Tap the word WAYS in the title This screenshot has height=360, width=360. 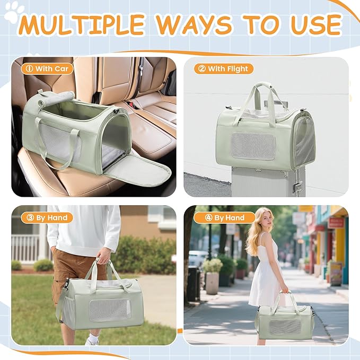(x=194, y=24)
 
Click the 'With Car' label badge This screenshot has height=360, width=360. (x=47, y=68)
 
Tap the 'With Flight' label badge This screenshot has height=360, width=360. (x=224, y=68)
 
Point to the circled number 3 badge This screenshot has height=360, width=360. (x=30, y=218)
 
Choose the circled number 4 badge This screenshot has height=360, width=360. (x=208, y=218)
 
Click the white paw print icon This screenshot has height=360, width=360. (x=13, y=12)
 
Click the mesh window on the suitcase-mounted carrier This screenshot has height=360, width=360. (x=253, y=146)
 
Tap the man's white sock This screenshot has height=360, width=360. (x=94, y=338)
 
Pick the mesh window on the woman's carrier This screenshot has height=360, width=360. (x=285, y=327)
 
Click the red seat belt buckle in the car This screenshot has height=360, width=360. (x=131, y=104)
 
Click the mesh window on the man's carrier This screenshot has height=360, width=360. (x=110, y=310)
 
